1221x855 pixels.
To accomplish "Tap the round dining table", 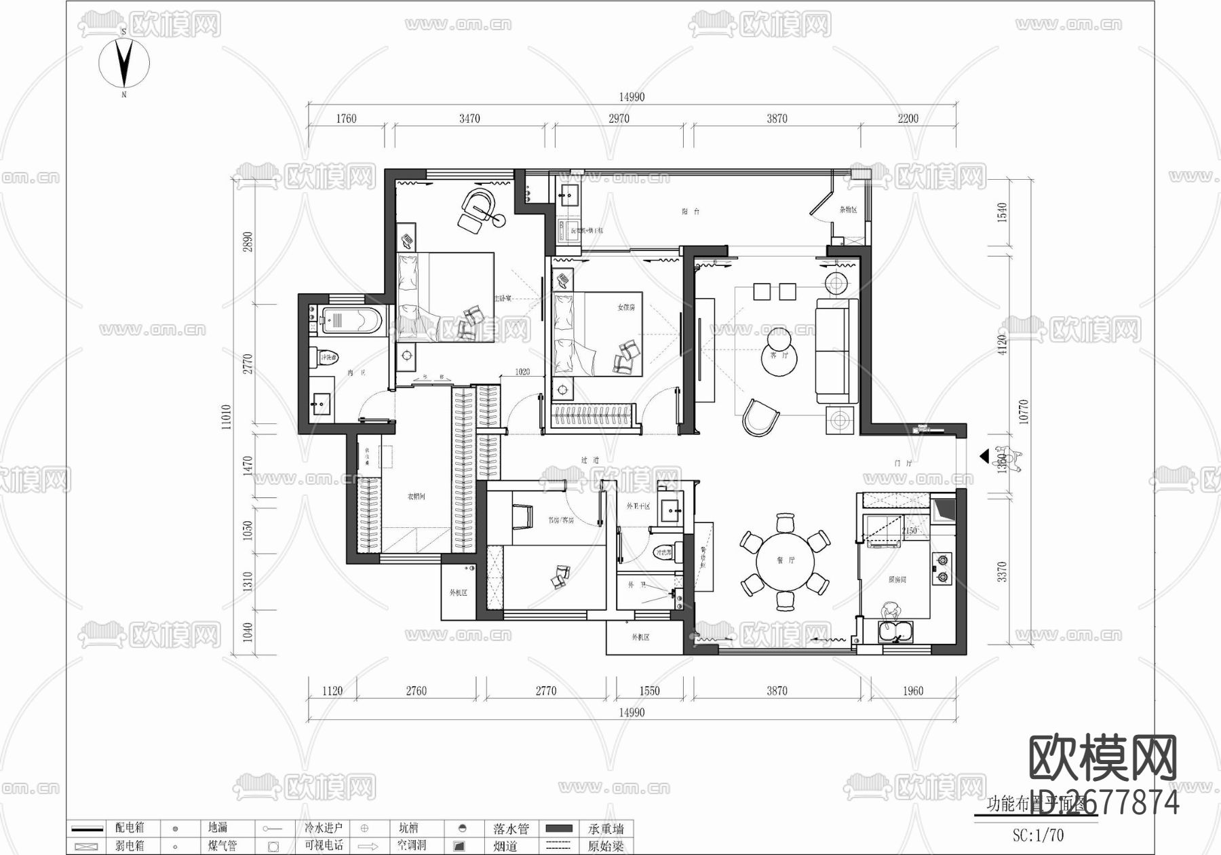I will click(785, 561).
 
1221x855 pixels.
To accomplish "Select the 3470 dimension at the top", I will click(469, 119).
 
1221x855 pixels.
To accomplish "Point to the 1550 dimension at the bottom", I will click(649, 691).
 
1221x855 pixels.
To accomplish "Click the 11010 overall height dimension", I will click(227, 416).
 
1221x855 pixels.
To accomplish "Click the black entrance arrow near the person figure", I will click(984, 457).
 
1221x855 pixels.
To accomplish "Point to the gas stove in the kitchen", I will click(942, 569).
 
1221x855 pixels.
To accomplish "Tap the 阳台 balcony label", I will click(691, 212).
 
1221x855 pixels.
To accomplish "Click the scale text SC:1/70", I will click(1038, 835).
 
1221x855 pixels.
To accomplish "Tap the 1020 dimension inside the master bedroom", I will click(522, 372).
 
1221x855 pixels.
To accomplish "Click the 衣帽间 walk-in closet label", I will click(416, 497).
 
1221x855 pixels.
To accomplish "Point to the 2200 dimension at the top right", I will click(908, 119).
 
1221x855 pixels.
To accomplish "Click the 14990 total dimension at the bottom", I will click(632, 712).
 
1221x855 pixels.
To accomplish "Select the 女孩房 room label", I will click(625, 307).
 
